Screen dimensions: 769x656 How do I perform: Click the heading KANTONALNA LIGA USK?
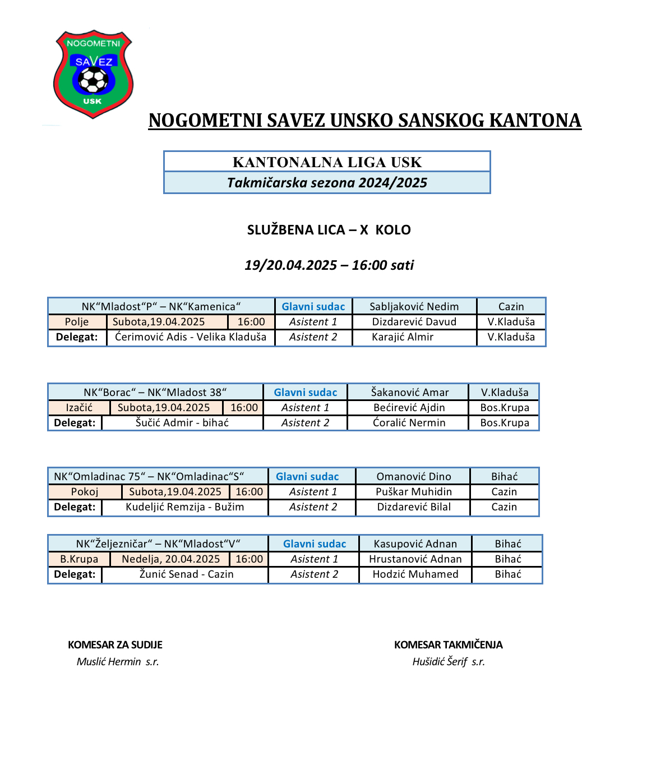tap(327, 162)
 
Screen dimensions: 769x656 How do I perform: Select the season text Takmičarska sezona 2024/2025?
tap(327, 183)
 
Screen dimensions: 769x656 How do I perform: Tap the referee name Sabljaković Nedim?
tap(414, 306)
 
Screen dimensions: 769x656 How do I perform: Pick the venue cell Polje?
tap(77, 322)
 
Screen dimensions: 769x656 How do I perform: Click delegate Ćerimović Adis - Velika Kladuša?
tap(191, 337)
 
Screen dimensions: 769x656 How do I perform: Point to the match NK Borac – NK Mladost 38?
tap(155, 392)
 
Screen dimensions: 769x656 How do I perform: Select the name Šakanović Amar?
tap(409, 392)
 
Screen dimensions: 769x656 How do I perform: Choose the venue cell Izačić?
tap(79, 408)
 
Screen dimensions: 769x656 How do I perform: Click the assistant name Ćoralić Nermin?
tap(409, 423)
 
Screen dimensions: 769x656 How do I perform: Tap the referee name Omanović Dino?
tap(413, 476)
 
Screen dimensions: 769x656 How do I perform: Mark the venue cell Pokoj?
tap(85, 492)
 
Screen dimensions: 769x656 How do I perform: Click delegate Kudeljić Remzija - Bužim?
tap(184, 507)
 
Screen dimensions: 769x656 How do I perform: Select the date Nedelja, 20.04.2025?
tap(170, 559)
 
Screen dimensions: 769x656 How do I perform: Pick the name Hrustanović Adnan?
tap(415, 559)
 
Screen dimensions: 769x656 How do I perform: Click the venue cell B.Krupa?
tap(79, 559)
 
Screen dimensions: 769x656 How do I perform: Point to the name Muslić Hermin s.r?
tap(118, 662)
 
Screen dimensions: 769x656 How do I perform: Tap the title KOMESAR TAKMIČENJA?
tap(448, 645)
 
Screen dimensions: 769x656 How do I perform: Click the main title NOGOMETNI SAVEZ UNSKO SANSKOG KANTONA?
tap(364, 121)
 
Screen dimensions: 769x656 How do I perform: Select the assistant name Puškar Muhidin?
tap(413, 492)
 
